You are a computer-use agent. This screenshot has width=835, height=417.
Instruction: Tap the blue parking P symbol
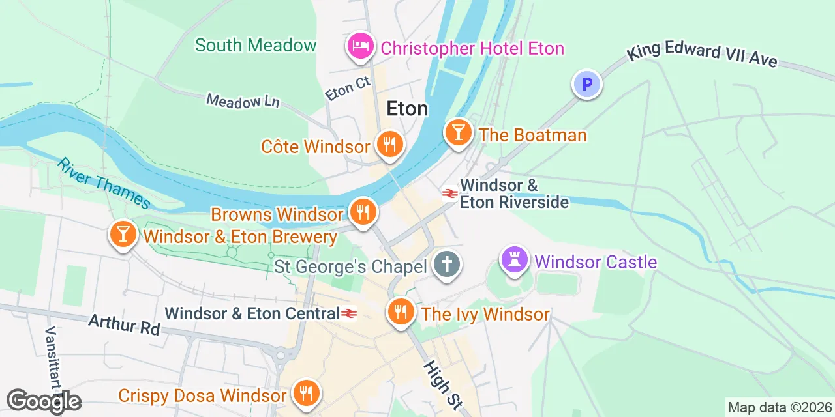[x=586, y=84]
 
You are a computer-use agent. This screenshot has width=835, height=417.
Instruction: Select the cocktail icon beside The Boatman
[x=458, y=132]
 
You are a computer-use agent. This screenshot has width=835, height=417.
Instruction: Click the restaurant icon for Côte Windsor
[x=390, y=144]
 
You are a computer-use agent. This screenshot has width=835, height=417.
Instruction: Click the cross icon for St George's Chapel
[x=447, y=265]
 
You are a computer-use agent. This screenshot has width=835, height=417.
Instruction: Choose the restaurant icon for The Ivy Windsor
[x=401, y=312]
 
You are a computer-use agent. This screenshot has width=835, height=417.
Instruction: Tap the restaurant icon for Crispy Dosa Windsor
[x=305, y=393]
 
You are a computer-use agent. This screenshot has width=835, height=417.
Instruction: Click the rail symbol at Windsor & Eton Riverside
[x=449, y=193]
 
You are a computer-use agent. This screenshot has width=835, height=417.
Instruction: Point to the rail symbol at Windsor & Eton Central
[x=349, y=314]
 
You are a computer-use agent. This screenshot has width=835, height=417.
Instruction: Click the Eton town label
[x=407, y=108]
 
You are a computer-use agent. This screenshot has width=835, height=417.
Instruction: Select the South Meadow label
[x=256, y=45]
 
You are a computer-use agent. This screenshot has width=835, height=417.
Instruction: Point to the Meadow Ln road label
[x=243, y=101]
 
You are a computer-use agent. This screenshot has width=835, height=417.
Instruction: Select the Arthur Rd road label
[x=124, y=324]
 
